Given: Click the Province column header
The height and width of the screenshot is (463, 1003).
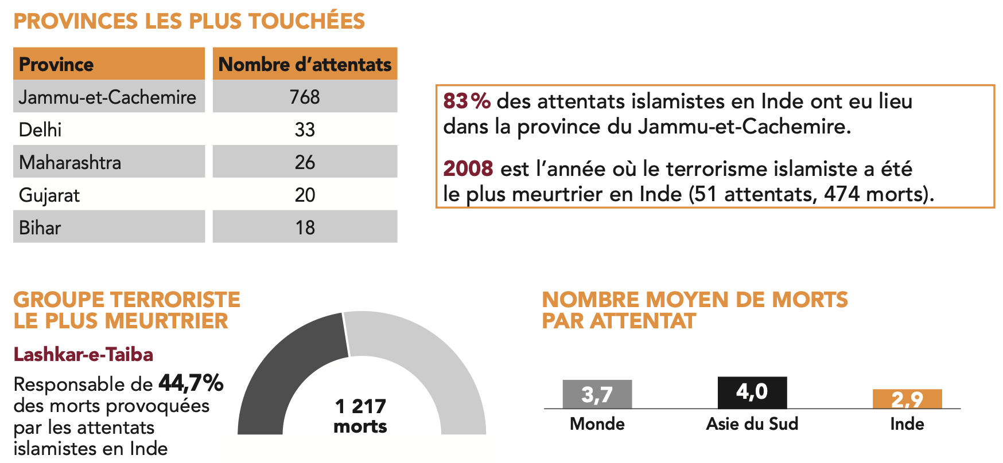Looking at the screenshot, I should [56, 64].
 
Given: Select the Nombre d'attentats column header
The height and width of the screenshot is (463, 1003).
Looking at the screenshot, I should [305, 64].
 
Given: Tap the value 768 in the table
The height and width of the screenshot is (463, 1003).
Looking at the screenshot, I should [305, 97].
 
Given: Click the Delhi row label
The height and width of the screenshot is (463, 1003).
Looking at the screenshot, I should [40, 130].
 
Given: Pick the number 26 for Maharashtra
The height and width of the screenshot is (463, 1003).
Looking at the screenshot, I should [305, 162].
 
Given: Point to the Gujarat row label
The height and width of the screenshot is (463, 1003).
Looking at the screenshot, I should [49, 195].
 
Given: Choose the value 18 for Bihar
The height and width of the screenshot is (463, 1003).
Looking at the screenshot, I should [305, 227].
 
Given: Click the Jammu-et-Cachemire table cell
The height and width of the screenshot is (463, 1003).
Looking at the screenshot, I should [107, 97].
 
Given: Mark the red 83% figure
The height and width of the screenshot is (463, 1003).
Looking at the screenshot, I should [466, 101].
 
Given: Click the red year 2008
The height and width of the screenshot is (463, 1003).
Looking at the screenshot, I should [468, 168].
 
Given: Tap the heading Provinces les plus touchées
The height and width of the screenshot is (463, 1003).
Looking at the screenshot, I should [189, 21].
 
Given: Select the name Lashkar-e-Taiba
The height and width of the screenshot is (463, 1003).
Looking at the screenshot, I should [83, 355].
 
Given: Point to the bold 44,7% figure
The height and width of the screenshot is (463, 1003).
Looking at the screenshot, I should [191, 383].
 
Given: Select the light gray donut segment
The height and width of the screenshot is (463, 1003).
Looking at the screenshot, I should [425, 361].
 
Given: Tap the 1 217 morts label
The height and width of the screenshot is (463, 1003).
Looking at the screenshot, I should [360, 416].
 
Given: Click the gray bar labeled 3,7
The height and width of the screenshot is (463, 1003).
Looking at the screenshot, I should [597, 394].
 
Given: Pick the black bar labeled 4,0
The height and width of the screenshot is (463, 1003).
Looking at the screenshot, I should [752, 393].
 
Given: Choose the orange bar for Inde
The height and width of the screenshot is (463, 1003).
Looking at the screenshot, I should [907, 399].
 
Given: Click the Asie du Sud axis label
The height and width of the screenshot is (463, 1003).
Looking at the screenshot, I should [752, 424].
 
